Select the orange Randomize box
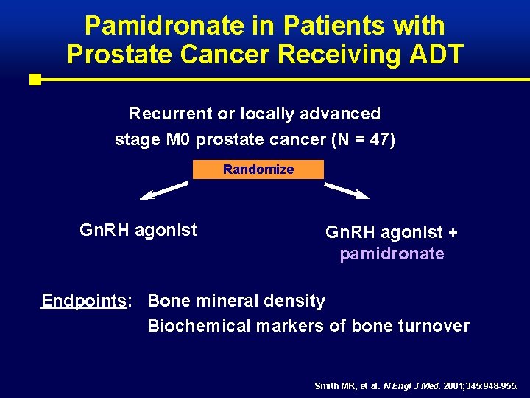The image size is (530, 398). [x=258, y=170]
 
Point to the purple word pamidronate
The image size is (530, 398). [x=392, y=254]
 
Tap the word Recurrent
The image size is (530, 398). [x=170, y=114]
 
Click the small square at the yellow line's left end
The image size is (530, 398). [x=35, y=79]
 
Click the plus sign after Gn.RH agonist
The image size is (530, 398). [x=452, y=232]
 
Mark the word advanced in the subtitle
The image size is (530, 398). [x=344, y=114]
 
